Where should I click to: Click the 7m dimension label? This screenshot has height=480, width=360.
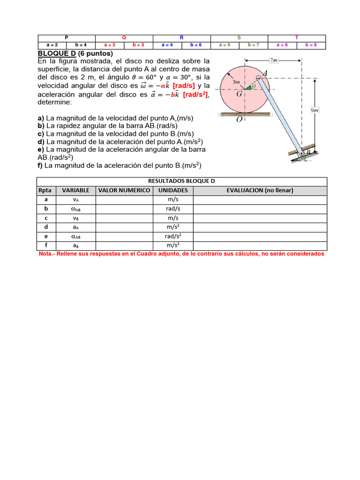(x=274, y=60)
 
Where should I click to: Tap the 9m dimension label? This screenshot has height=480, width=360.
(x=315, y=110)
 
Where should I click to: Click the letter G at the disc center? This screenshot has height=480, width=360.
(x=239, y=94)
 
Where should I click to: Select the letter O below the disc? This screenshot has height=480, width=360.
(x=240, y=119)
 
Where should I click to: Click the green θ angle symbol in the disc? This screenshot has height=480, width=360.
(x=254, y=87)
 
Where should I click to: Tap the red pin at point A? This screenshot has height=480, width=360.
(x=258, y=72)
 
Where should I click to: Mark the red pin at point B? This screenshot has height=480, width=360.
(x=301, y=152)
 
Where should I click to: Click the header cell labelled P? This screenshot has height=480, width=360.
(x=66, y=37)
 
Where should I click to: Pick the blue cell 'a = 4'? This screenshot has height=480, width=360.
(x=167, y=45)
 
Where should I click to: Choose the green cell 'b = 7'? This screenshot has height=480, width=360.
(x=253, y=45)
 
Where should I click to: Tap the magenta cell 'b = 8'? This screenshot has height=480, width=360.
(x=311, y=45)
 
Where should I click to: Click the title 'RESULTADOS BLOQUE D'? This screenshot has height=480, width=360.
(x=181, y=181)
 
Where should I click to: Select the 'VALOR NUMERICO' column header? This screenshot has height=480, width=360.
(x=124, y=190)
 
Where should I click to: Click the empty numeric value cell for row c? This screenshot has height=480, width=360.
(x=124, y=218)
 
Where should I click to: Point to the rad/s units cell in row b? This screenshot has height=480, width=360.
(x=173, y=209)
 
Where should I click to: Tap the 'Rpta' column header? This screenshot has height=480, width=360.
(x=46, y=190)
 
